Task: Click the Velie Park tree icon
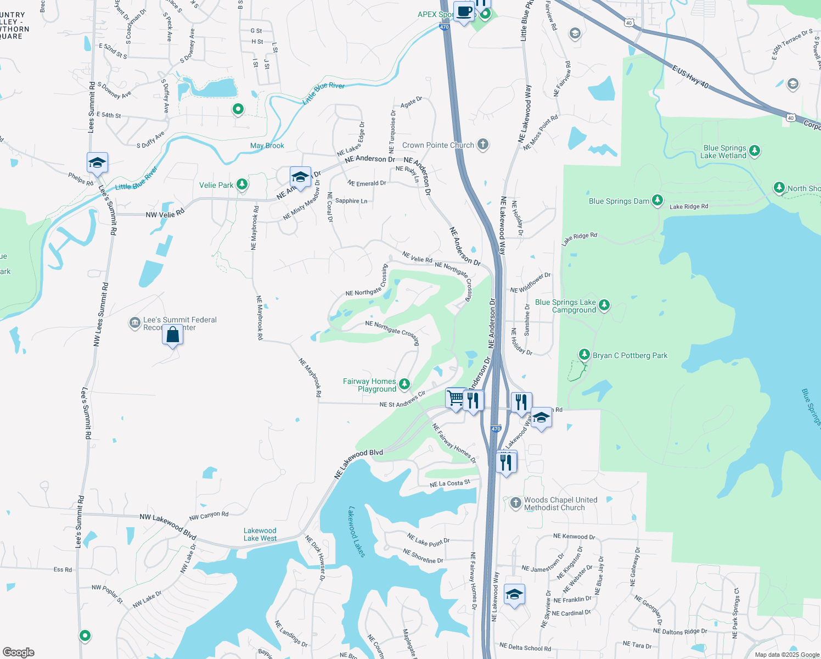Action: [242, 185]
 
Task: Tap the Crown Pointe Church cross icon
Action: [482, 144]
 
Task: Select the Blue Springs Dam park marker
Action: [657, 200]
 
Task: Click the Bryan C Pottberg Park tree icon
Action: [584, 355]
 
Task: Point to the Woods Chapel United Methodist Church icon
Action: [515, 503]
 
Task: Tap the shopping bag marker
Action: [172, 334]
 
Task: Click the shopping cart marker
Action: [456, 398]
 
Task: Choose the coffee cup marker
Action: [464, 12]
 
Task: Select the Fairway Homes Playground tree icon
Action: [404, 384]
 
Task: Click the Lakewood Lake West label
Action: [260, 534]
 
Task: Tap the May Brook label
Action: [267, 146]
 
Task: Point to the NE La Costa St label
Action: [450, 483]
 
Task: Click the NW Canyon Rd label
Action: [209, 516]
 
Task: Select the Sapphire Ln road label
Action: [351, 201]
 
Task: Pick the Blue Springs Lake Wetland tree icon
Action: [755, 150]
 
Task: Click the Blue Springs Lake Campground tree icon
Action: [604, 305]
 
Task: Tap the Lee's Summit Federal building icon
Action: [134, 323]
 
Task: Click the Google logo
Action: [18, 652]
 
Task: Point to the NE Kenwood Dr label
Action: [574, 537]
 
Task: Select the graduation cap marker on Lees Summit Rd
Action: [97, 163]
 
